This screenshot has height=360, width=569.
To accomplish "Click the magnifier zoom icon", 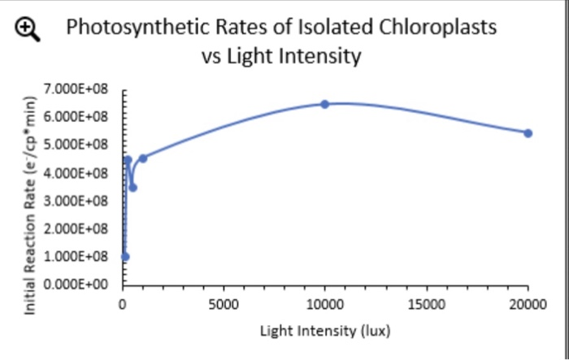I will [28, 29].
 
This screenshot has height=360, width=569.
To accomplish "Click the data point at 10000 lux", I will [324, 104].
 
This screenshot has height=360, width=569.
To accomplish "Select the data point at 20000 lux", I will [528, 132].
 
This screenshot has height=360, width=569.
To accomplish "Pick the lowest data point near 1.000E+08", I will [124, 257].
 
